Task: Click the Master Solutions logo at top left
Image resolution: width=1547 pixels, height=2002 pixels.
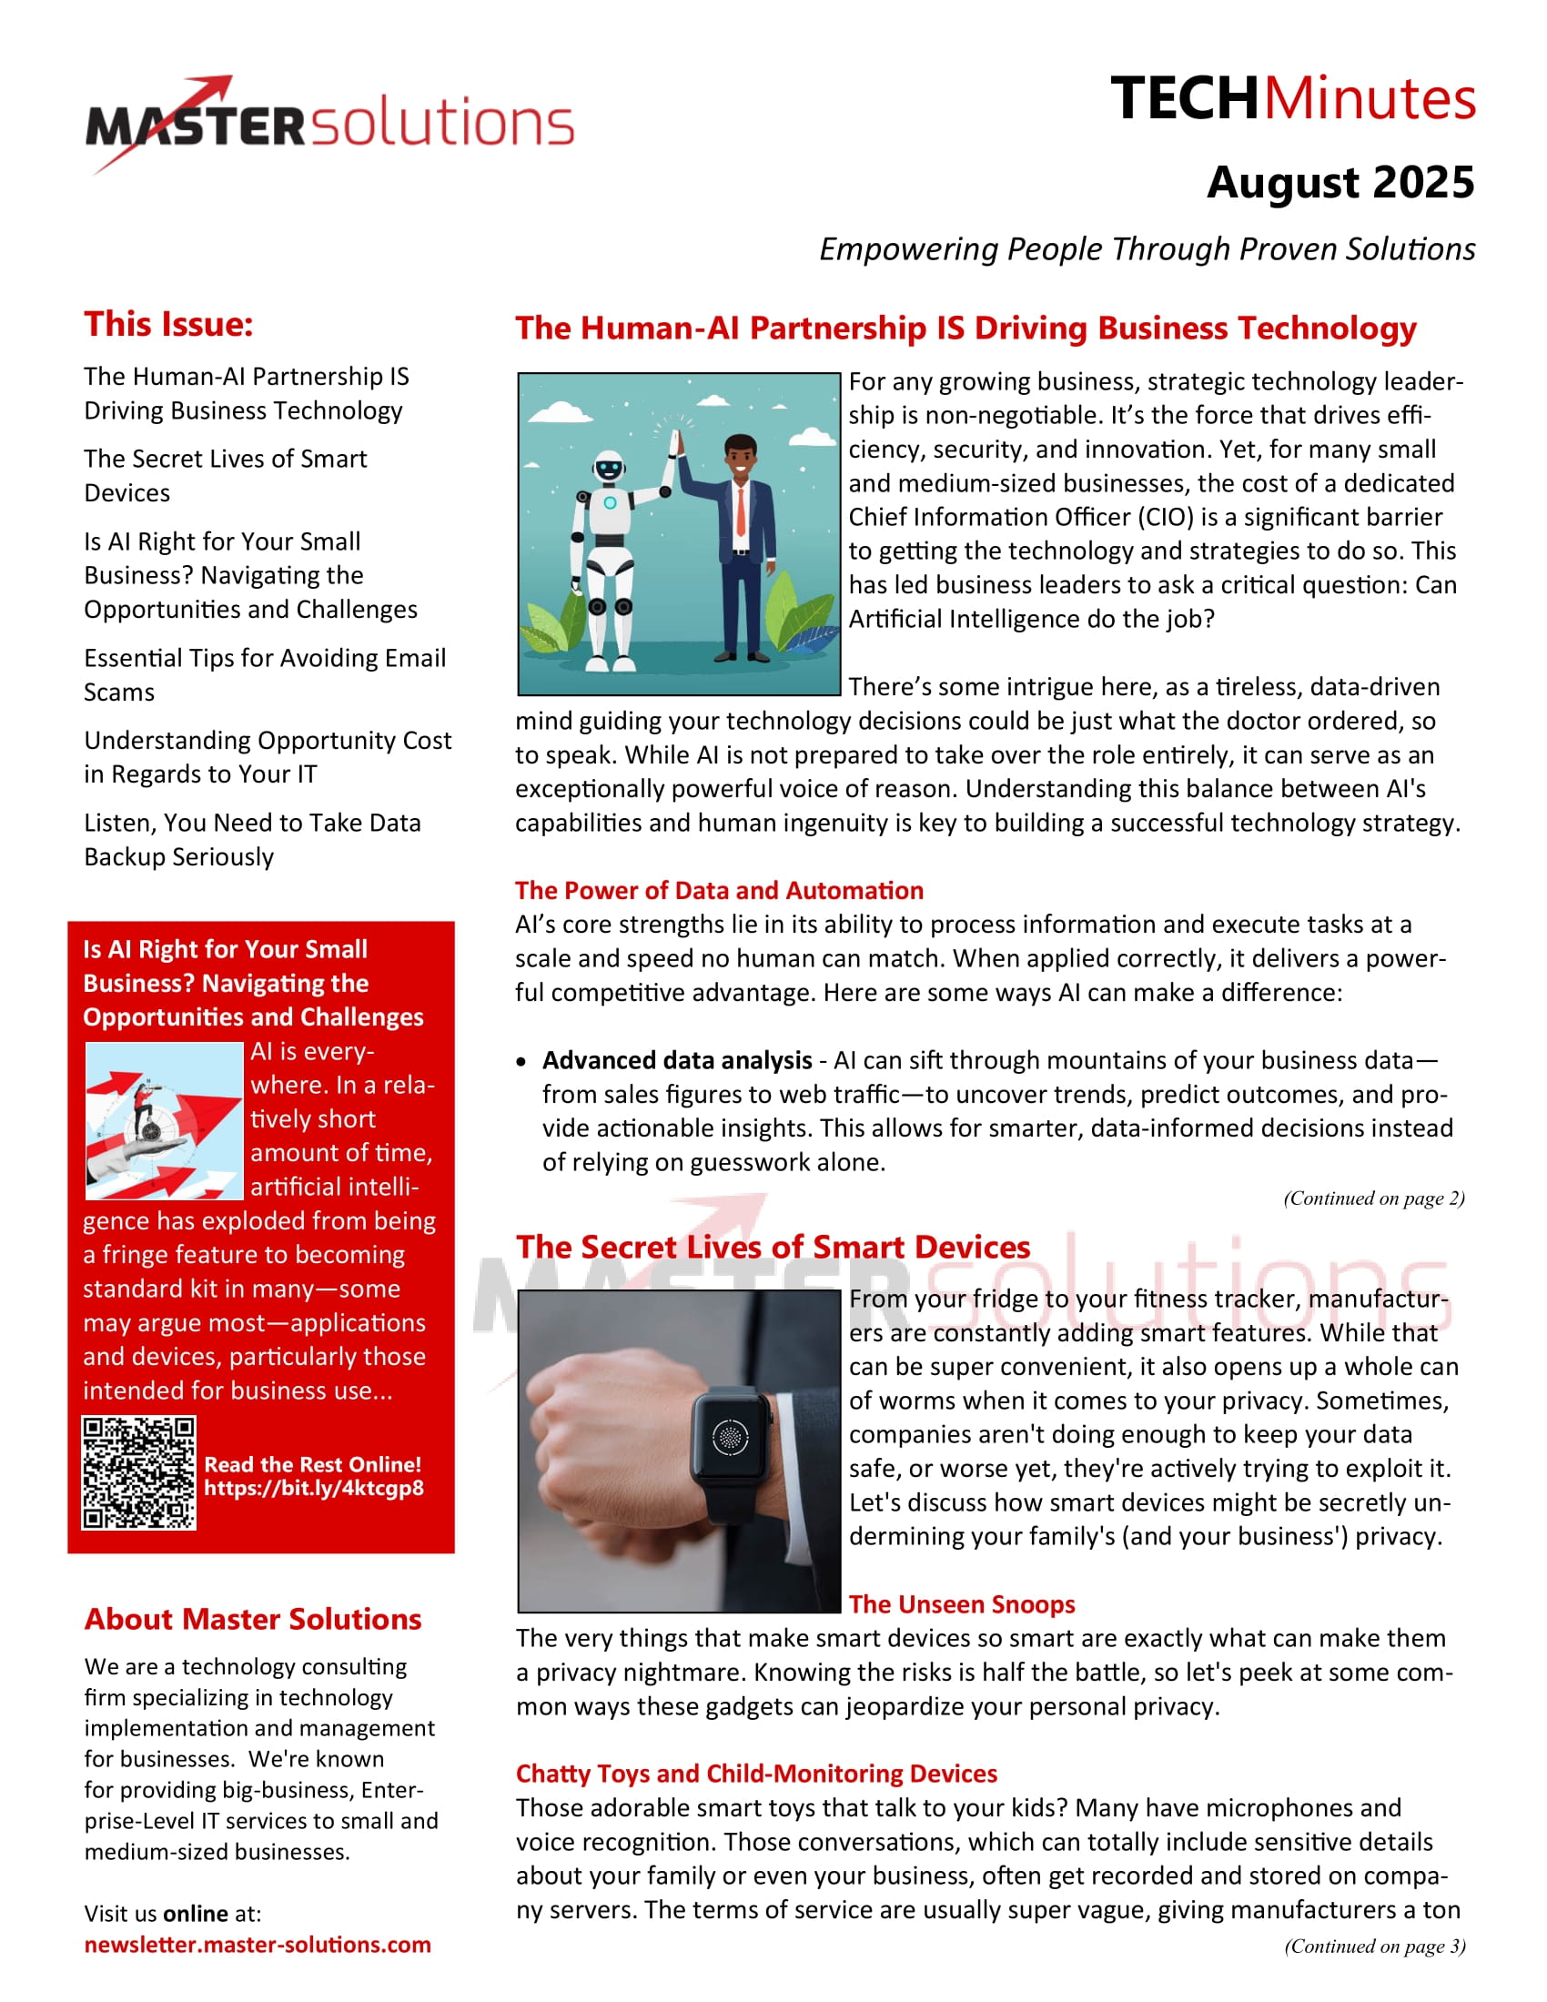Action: pyautogui.click(x=330, y=124)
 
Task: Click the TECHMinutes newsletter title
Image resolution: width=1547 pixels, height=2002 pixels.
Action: pyautogui.click(x=1292, y=98)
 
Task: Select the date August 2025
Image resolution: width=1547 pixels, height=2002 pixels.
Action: pyautogui.click(x=1340, y=182)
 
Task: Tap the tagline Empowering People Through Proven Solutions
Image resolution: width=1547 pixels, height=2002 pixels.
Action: pyautogui.click(x=1147, y=249)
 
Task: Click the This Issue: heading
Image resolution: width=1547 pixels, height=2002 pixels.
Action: pyautogui.click(x=168, y=325)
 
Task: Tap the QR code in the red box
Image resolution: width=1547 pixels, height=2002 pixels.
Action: pyautogui.click(x=138, y=1473)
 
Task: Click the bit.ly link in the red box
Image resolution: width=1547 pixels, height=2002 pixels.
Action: pyautogui.click(x=313, y=1488)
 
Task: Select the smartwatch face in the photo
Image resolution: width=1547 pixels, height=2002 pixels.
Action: pyautogui.click(x=730, y=1436)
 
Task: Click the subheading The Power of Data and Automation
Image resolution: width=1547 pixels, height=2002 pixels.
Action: pyautogui.click(x=719, y=890)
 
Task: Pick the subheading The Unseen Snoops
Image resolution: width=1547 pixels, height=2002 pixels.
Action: pyautogui.click(x=961, y=1604)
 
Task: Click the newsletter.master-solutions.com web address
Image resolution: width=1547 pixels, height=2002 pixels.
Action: pyautogui.click(x=258, y=1946)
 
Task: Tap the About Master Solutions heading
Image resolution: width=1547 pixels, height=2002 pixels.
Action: pyautogui.click(x=253, y=1620)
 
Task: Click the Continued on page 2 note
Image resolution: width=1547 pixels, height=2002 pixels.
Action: pyautogui.click(x=1374, y=1198)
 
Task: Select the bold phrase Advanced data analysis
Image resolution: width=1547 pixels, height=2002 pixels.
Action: pyautogui.click(x=677, y=1060)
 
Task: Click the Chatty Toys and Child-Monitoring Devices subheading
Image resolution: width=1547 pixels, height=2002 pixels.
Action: pyautogui.click(x=756, y=1774)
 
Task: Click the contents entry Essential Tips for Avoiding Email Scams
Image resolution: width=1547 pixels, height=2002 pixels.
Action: pyautogui.click(x=265, y=674)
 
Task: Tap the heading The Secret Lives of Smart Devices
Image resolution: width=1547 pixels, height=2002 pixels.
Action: pyautogui.click(x=773, y=1248)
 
